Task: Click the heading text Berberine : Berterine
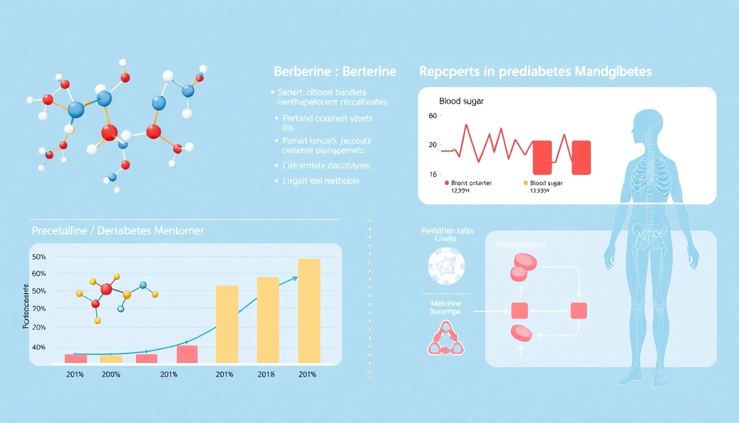coord(335,71)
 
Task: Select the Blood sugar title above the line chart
coord(461,101)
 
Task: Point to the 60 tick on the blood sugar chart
coord(432,116)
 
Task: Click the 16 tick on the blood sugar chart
coord(432,174)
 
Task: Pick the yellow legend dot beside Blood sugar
coord(525,183)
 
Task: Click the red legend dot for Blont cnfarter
coord(447,183)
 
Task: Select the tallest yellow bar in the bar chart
coord(309,311)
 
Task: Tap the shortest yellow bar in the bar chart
coord(111,359)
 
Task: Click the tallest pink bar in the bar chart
coord(187,354)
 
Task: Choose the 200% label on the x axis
coord(110,375)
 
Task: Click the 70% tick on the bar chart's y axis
coord(38,309)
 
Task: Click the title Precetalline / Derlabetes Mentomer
coord(118,231)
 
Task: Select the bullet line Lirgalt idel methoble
coord(320,182)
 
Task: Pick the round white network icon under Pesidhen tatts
coord(447,266)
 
